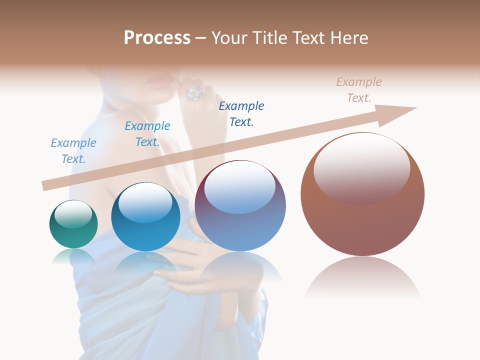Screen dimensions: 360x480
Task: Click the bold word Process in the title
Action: (x=157, y=38)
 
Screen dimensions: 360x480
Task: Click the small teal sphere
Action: (x=73, y=224)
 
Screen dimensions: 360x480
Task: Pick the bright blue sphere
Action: (x=145, y=217)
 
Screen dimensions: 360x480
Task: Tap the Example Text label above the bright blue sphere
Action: (x=147, y=134)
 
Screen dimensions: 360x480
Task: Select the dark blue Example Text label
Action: (x=241, y=114)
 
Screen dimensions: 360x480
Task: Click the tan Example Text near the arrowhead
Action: (x=359, y=90)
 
